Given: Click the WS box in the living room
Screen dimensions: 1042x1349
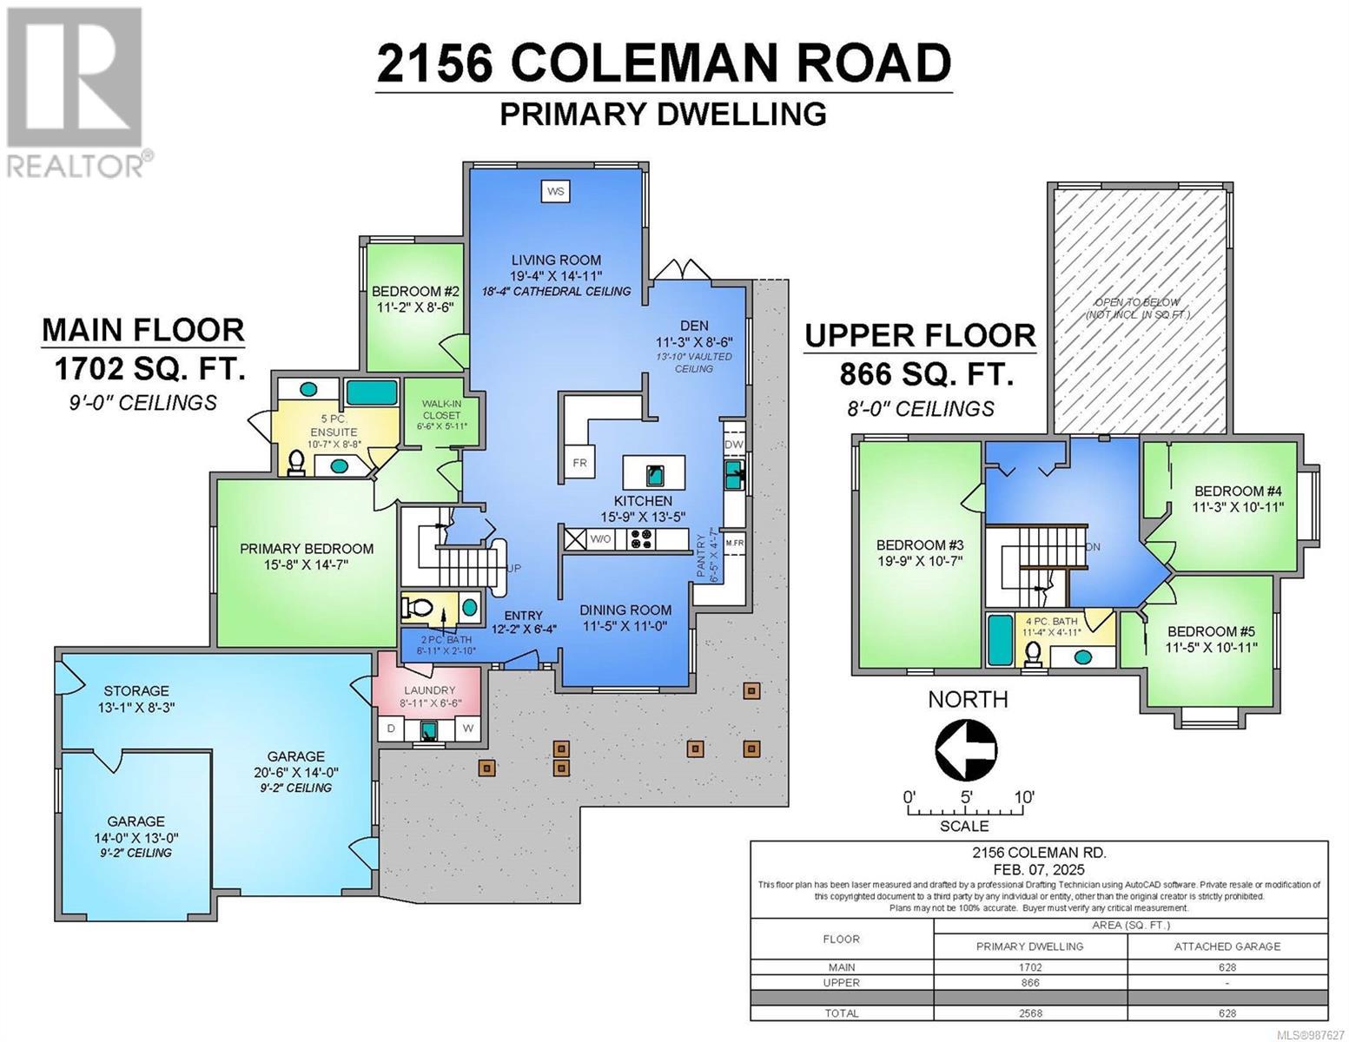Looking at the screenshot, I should point(556,190).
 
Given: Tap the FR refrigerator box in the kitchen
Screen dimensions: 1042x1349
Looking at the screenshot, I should point(579,463).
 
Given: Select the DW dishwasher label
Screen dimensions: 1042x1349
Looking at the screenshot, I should point(734,445).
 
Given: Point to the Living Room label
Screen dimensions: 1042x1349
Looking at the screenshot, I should point(556,260).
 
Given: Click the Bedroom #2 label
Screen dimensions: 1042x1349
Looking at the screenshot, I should point(415,292).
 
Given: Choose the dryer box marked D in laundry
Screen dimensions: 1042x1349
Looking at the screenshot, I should point(391,729).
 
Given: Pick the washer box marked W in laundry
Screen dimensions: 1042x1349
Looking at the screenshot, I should point(467,729).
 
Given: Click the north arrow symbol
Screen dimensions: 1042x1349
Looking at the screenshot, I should point(967,747).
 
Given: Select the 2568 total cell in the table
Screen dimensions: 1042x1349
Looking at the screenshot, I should point(1029,1012).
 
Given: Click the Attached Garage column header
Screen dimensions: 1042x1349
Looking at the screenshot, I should point(1227,946).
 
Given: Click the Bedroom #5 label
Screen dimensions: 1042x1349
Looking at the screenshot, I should point(1212,631).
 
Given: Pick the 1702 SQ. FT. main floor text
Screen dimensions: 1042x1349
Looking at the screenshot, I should point(149,371).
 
